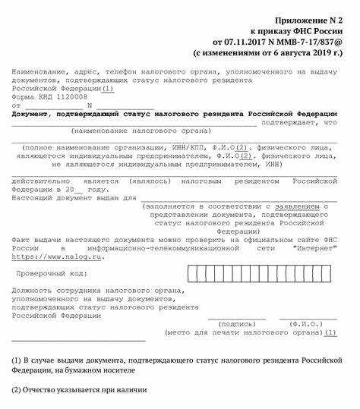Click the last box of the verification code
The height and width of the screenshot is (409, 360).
[x=333, y=272]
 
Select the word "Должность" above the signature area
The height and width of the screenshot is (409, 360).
[x=35, y=289]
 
